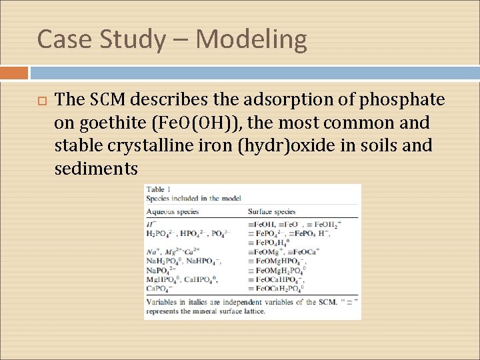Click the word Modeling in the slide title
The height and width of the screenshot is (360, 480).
coord(251,40)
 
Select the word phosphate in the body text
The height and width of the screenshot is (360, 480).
coord(402,100)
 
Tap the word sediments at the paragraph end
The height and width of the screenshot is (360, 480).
coord(96,169)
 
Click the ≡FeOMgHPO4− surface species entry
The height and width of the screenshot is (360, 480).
coord(276,261)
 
